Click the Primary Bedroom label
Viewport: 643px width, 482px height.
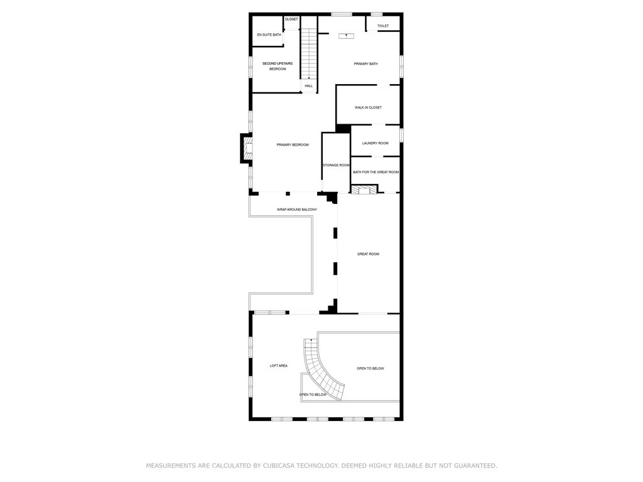(x=293, y=145)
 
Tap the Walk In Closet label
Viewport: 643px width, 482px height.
(x=368, y=107)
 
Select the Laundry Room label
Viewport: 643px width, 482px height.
(x=376, y=143)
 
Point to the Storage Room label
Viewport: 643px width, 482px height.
(x=337, y=165)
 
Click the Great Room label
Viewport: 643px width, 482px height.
(x=368, y=254)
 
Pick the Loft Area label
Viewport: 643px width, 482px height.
(x=278, y=366)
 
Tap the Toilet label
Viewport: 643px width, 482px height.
(x=383, y=26)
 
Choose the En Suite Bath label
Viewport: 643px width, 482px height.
(x=269, y=35)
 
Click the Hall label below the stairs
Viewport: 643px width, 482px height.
(x=309, y=86)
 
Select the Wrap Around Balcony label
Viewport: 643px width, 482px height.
(x=297, y=210)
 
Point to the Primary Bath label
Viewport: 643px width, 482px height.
(x=366, y=64)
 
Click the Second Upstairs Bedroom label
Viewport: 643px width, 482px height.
(x=278, y=67)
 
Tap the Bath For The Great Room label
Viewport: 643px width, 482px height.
(x=376, y=172)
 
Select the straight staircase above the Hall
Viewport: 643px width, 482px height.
(x=309, y=48)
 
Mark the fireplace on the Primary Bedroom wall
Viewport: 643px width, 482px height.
(x=246, y=148)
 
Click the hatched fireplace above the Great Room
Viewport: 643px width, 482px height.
(x=364, y=190)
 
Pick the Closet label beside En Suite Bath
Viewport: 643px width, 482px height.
(x=291, y=19)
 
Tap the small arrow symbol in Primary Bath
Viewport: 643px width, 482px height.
(x=346, y=36)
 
